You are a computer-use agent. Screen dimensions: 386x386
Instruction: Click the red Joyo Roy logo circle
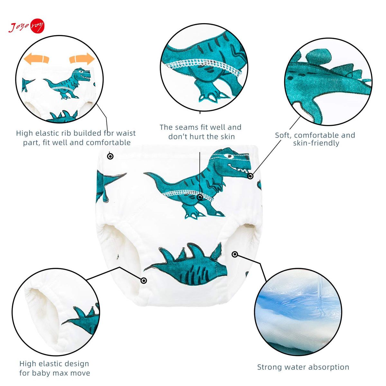coord(37,26)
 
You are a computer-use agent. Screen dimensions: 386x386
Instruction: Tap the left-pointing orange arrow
coord(36,59)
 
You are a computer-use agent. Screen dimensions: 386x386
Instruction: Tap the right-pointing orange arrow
coord(82,59)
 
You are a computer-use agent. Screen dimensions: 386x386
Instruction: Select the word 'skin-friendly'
coord(316,143)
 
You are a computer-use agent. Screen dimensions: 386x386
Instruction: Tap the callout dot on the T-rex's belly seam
coord(200,198)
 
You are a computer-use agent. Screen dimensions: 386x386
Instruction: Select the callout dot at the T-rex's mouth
coord(250,176)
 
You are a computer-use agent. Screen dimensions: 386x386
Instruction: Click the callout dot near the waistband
coord(110,156)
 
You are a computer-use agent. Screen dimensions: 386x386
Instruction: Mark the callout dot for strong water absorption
coord(235,254)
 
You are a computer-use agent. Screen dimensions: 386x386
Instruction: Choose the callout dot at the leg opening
coord(143,280)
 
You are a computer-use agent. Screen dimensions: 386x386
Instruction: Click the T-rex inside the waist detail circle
coord(68,83)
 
